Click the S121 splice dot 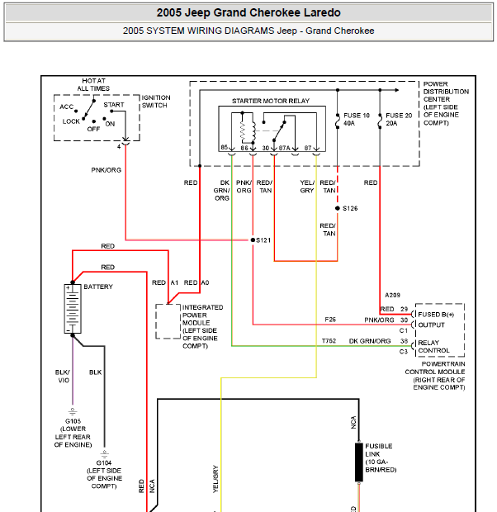pos(253,240)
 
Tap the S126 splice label pos(350,208)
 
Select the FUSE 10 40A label pos(357,119)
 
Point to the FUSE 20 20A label pos(399,119)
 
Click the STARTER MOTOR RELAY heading pos(271,101)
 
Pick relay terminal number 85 pos(224,147)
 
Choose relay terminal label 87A pos(284,148)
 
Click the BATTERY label pos(98,287)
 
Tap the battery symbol pos(73,309)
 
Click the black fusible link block pos(359,462)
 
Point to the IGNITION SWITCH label pos(155,102)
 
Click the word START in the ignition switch pos(114,105)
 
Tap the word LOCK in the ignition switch pos(71,121)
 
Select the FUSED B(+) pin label pos(436,315)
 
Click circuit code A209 pos(392,295)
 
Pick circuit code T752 pos(329,341)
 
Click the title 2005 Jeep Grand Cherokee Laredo pos(248,12)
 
